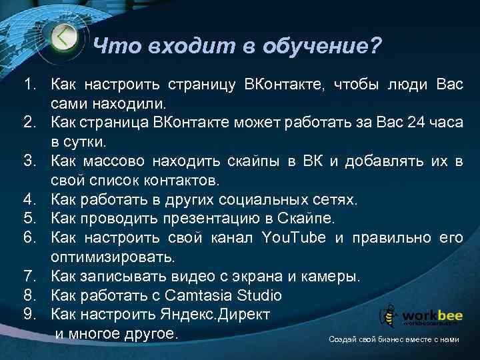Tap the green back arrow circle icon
(x=64, y=36)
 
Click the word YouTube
(x=292, y=237)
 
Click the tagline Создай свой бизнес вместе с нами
(x=393, y=339)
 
